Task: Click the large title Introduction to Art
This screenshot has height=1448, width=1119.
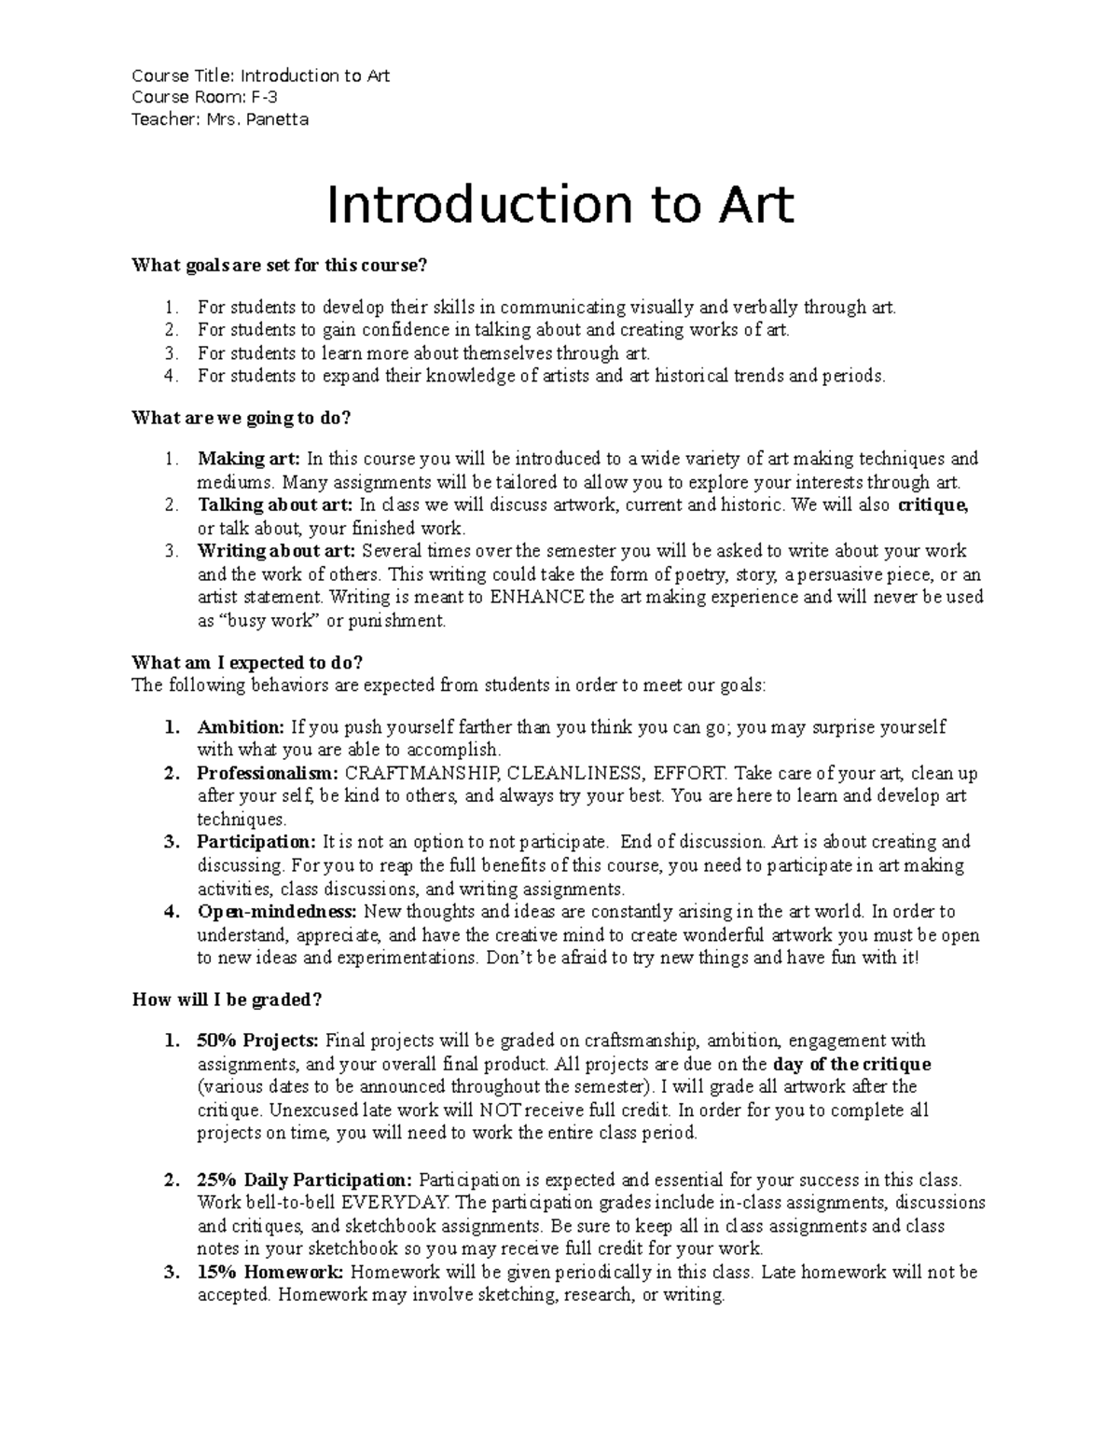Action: point(559,206)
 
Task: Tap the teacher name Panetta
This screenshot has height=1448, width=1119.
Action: point(276,119)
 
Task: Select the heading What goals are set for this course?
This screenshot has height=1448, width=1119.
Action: point(279,266)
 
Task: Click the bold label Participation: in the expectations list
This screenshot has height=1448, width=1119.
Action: point(256,842)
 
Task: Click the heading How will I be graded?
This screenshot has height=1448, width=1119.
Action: point(227,1000)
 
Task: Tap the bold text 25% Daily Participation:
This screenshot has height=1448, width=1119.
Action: point(303,1179)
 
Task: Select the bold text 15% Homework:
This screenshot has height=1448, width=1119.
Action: point(269,1273)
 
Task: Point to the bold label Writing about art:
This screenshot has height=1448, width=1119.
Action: point(277,551)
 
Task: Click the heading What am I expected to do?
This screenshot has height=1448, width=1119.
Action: point(247,663)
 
